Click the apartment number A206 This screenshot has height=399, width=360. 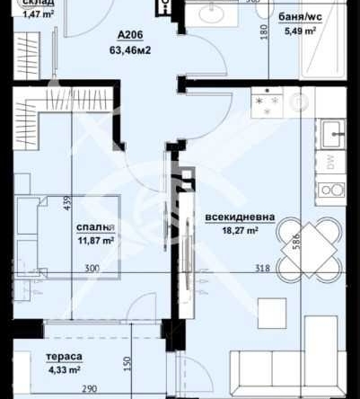(x=130, y=35)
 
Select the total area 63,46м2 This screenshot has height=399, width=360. (x=130, y=50)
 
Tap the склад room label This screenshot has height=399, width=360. (x=26, y=3)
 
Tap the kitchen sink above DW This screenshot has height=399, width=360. (x=335, y=135)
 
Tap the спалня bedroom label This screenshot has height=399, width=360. (x=92, y=227)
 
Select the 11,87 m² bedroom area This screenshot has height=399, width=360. (x=92, y=241)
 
